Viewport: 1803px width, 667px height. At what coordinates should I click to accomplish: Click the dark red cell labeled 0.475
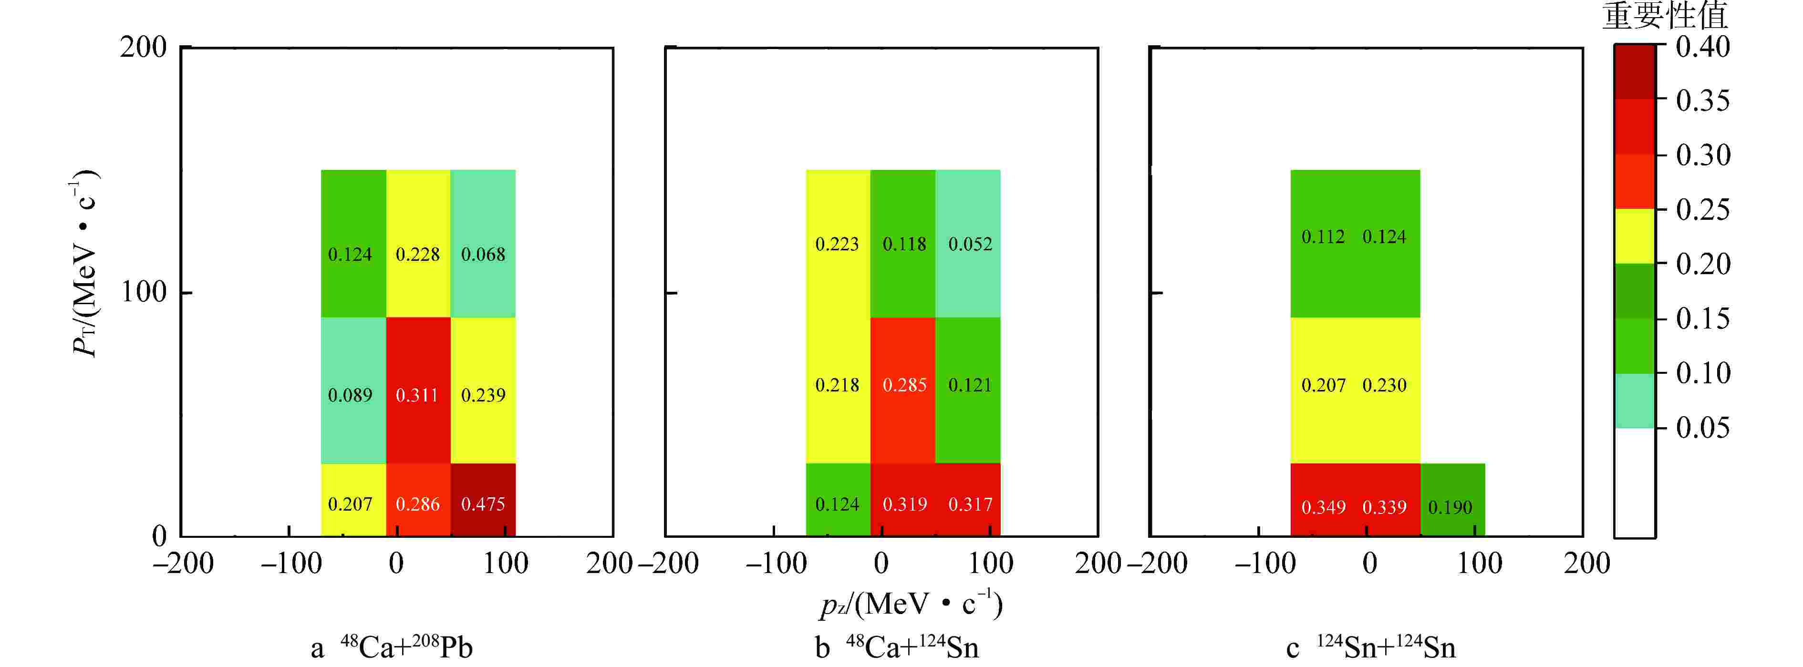tap(483, 501)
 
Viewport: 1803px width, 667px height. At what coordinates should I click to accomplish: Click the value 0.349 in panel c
tap(1323, 507)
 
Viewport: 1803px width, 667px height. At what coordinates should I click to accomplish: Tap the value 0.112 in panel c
tap(1323, 236)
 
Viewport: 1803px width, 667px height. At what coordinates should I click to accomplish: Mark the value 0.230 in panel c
tap(1384, 385)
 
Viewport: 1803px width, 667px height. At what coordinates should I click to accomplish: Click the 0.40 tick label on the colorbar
tap(1702, 47)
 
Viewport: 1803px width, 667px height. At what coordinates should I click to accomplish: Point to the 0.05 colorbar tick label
tap(1702, 427)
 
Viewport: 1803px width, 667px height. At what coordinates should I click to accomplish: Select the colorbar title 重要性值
tap(1664, 15)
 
